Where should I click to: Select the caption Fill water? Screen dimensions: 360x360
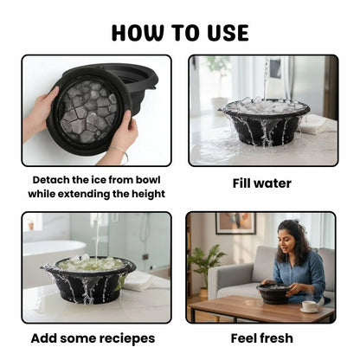[x=261, y=183]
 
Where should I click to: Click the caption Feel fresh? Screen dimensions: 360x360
[x=261, y=337]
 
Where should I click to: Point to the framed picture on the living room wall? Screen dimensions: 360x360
[x=235, y=223]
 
